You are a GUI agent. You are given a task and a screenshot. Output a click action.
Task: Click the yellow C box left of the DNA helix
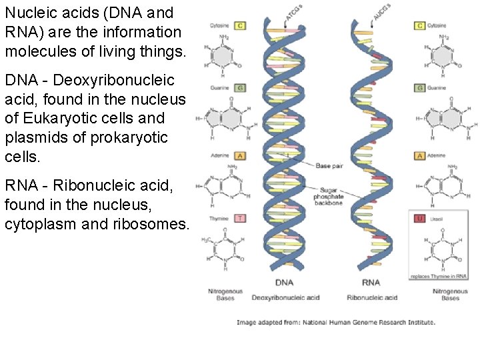[x=240, y=25]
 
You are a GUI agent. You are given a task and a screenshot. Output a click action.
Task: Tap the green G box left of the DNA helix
[x=240, y=87]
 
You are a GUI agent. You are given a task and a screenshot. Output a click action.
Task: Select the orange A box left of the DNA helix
[x=240, y=155]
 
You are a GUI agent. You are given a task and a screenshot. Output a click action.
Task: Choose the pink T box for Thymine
[x=240, y=218]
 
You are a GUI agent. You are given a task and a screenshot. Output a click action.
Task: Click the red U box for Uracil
[x=420, y=218]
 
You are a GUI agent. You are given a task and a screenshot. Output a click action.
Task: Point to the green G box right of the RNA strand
[x=420, y=87]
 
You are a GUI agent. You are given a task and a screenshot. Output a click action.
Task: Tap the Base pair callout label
[x=329, y=165]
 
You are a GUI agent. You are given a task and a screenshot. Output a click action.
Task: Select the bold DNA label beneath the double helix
[x=285, y=283]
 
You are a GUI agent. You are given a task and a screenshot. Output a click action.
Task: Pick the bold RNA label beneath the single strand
[x=371, y=283]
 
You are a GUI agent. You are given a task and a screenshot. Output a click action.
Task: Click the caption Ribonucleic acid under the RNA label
[x=372, y=297]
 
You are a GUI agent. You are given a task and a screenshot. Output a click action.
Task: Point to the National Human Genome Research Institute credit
[x=369, y=323]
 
